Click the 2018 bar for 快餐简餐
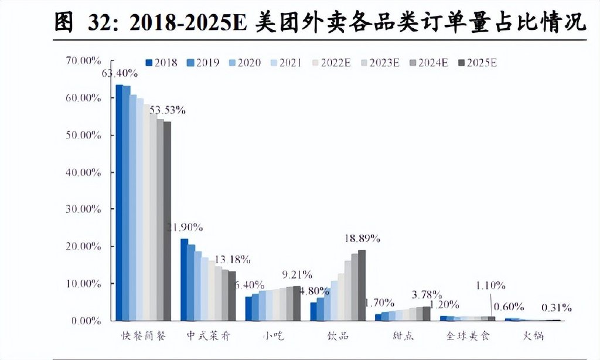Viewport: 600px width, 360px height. click(x=119, y=202)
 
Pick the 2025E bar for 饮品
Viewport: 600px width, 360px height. click(x=362, y=286)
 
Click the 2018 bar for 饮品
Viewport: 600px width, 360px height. click(x=313, y=311)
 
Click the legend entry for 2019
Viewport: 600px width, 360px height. click(x=203, y=63)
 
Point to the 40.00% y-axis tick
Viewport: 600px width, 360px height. click(x=86, y=172)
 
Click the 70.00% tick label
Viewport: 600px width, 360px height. click(x=86, y=60)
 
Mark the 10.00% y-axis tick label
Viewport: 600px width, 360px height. click(x=86, y=284)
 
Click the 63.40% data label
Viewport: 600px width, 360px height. click(x=120, y=73)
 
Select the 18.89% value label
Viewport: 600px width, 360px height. click(x=362, y=239)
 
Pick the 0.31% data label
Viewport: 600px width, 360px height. click(x=556, y=308)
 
